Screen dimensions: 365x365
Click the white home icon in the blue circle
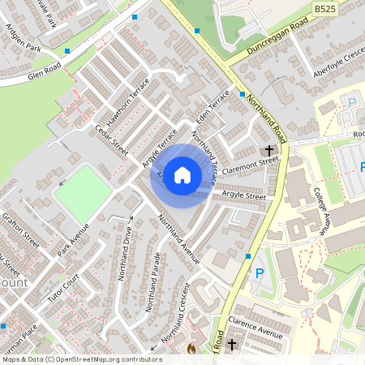(182, 175)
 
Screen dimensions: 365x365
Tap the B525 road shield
(325, 8)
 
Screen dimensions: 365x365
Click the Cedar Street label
(112, 140)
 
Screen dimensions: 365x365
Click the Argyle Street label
(244, 196)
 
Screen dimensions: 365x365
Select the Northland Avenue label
(178, 240)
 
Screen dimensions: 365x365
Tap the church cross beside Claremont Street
(269, 151)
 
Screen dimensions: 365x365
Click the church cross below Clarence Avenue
(233, 346)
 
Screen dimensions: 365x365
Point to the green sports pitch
(84, 193)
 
